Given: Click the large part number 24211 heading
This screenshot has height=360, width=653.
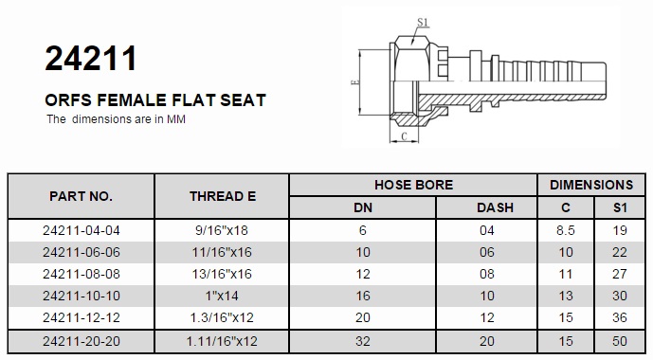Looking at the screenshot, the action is coord(91,59).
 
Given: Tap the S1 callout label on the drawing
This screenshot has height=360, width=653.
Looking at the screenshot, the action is coord(423,22).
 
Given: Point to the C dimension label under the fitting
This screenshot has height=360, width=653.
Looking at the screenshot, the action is coord(404,136).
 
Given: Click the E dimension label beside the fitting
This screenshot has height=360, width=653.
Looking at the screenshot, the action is coord(354,81).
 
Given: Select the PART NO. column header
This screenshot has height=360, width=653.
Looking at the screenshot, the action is coord(81,196).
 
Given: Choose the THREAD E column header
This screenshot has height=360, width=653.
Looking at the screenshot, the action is coord(223,196).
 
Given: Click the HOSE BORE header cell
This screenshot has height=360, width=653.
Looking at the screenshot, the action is coord(413,185).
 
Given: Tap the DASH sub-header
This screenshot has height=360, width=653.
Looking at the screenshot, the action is coord(495,207).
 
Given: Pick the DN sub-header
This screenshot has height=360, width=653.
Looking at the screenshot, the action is coord(363,207).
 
